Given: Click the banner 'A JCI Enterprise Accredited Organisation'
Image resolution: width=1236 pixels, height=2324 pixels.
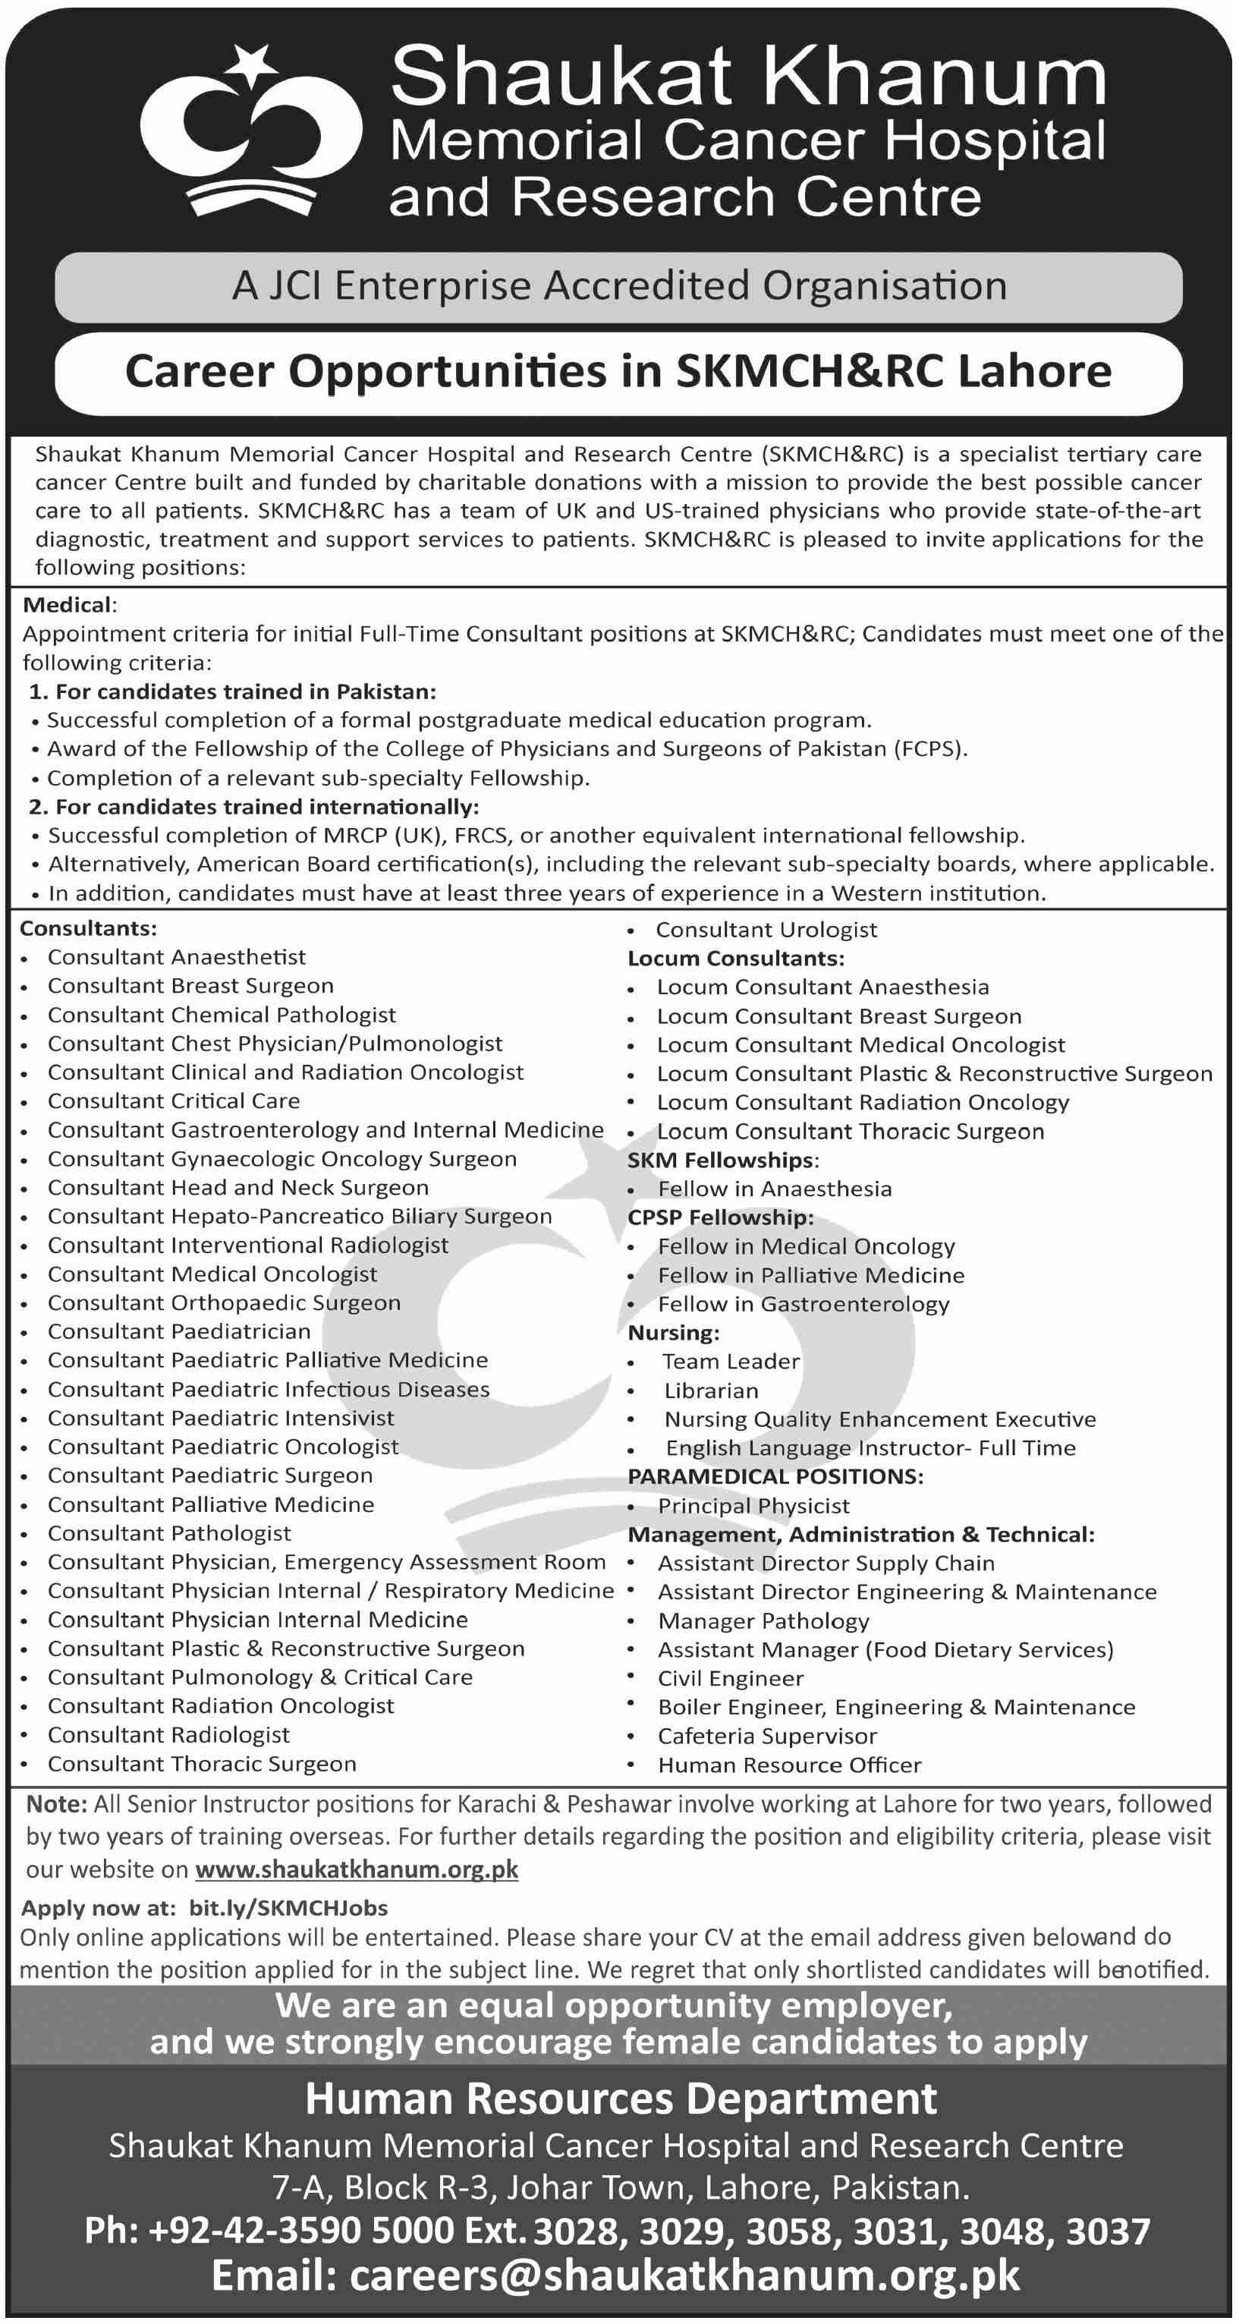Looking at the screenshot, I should pyautogui.click(x=619, y=287).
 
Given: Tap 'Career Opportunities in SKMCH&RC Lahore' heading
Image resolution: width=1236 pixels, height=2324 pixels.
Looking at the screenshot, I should pyautogui.click(x=619, y=372).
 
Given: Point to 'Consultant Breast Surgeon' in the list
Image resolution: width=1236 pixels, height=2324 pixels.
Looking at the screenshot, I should pyautogui.click(x=190, y=985).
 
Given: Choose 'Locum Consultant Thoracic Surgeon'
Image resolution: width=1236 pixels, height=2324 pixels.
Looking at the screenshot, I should pyautogui.click(x=850, y=1132).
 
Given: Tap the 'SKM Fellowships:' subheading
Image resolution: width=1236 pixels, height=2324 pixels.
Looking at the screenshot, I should pyautogui.click(x=722, y=1160).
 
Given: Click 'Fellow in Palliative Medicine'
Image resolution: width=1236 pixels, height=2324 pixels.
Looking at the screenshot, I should pyautogui.click(x=810, y=1275).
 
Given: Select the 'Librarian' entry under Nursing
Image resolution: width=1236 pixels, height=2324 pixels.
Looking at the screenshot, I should pyautogui.click(x=711, y=1390).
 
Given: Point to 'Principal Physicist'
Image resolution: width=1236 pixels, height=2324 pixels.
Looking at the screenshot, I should pyautogui.click(x=753, y=1506).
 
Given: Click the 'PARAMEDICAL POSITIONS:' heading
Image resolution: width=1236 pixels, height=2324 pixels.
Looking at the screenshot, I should pyautogui.click(x=775, y=1476).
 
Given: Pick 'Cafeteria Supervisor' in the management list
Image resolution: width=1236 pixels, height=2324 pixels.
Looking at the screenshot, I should pyautogui.click(x=767, y=1736).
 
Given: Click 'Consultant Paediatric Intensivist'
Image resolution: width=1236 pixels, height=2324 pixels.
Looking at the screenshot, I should pyautogui.click(x=221, y=1419).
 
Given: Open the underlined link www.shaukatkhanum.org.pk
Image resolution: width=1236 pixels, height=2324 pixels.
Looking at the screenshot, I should pyautogui.click(x=357, y=1869).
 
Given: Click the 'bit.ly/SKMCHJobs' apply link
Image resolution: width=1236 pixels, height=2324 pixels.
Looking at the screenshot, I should pyautogui.click(x=288, y=1908).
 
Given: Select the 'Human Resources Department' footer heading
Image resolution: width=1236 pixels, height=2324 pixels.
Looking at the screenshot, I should pyautogui.click(x=621, y=2099).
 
